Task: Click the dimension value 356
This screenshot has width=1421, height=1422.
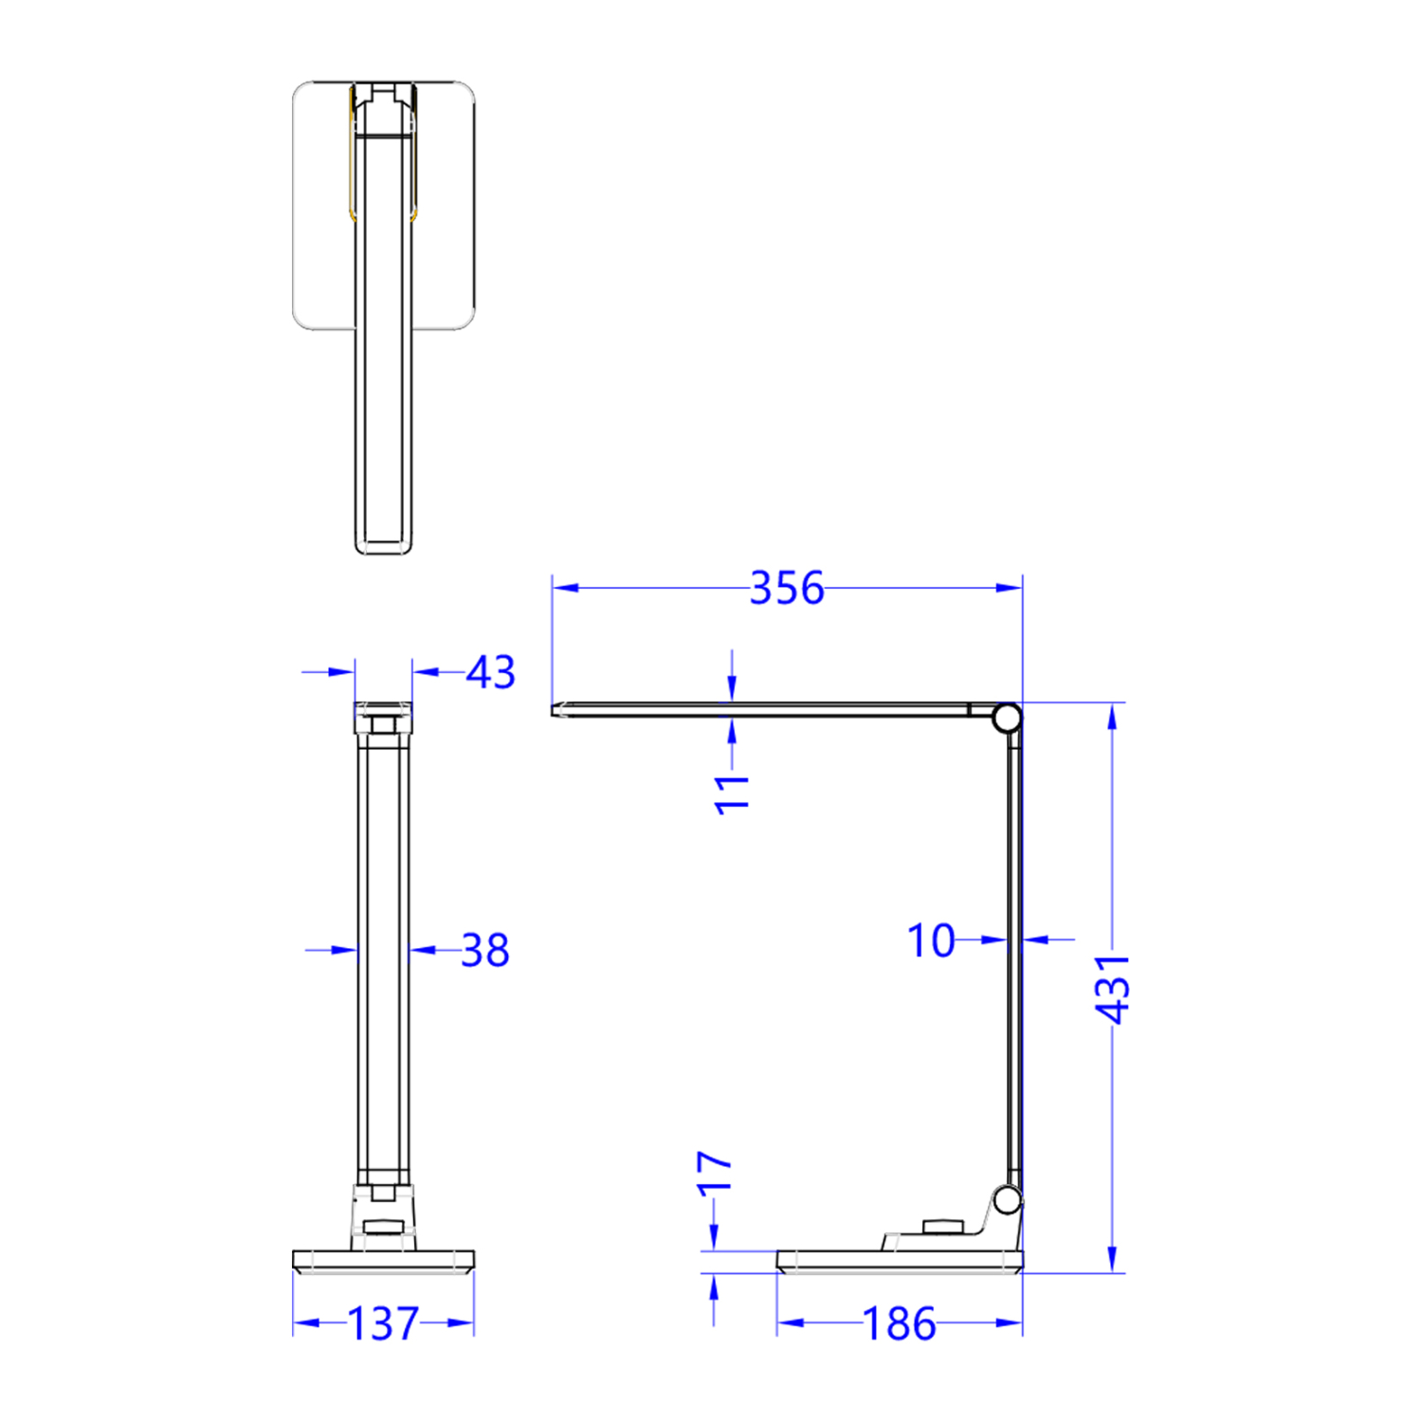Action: coord(786,589)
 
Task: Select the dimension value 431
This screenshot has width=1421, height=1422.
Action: coord(1112,989)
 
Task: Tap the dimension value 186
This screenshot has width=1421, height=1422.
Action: coord(899,1323)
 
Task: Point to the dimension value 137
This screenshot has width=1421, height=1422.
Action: coord(383,1323)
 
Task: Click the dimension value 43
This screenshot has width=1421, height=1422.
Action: coord(491,672)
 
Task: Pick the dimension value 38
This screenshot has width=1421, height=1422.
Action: coord(484,950)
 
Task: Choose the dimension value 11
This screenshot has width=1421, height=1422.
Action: coord(732,793)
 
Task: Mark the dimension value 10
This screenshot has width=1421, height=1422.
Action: coord(931,940)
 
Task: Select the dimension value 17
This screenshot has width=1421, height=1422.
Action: coord(715,1172)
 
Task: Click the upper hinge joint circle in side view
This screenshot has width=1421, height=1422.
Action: coord(1007,718)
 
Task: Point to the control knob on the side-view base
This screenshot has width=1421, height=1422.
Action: coord(941,1228)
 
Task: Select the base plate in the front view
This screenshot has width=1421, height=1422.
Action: coord(383,1262)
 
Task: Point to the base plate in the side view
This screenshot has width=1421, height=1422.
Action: coord(899,1262)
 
